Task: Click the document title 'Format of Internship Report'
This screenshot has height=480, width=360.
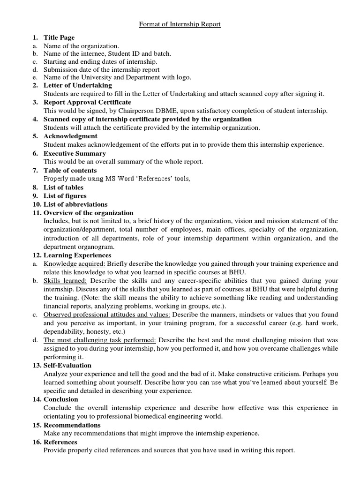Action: tap(180, 24)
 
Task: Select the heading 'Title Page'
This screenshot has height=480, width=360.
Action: tap(59, 37)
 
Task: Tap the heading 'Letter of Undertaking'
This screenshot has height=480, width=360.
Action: tap(78, 85)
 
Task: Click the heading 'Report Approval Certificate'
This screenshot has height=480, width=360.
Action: tap(87, 102)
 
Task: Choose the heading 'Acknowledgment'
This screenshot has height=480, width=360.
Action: tap(70, 136)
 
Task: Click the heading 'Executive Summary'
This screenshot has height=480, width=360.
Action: tap(75, 153)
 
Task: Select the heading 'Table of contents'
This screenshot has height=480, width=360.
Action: tap(70, 170)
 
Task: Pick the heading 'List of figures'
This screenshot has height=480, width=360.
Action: tap(65, 196)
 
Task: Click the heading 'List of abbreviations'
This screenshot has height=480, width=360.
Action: tap(75, 204)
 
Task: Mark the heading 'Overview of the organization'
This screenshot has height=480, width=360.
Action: tap(89, 213)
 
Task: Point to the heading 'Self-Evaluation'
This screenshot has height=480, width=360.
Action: tap(67, 365)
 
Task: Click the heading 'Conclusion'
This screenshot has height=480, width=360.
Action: tap(61, 399)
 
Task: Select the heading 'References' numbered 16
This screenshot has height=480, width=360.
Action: tap(60, 442)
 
